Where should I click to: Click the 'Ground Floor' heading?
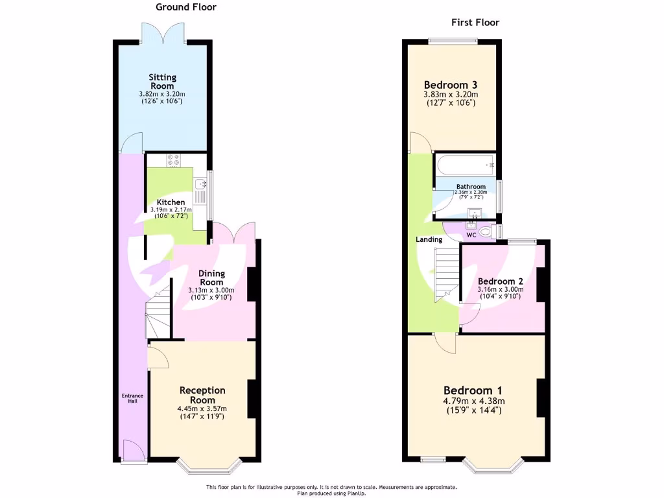pyautogui.click(x=185, y=7)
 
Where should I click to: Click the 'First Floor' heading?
pyautogui.click(x=475, y=23)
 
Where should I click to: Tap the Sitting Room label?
pyautogui.click(x=163, y=82)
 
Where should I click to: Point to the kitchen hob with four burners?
pyautogui.click(x=174, y=160)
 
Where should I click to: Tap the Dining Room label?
pyautogui.click(x=211, y=278)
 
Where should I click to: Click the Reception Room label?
pyautogui.click(x=202, y=395)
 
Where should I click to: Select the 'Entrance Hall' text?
pyautogui.click(x=131, y=398)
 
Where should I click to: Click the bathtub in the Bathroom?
pyautogui.click(x=465, y=165)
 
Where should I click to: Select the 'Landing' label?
pyautogui.click(x=429, y=239)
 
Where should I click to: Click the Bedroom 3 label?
pyautogui.click(x=451, y=85)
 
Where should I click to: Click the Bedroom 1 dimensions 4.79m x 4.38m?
pyautogui.click(x=473, y=401)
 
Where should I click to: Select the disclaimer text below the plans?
pyautogui.click(x=331, y=490)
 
